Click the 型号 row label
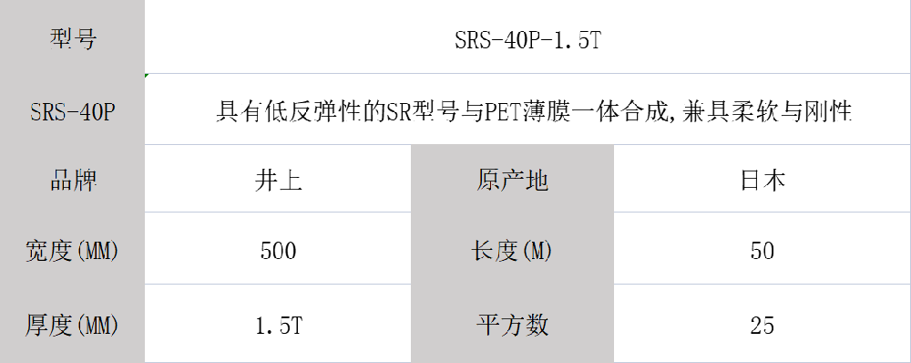tap(72, 39)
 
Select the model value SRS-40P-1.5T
tap(527, 40)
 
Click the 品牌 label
tap(72, 180)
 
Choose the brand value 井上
tap(278, 180)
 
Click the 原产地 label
tap(512, 180)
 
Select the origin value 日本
tap(763, 180)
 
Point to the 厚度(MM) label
tap(72, 324)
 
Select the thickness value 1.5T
tap(278, 324)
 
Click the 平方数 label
tap(512, 324)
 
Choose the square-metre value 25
tap(763, 324)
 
